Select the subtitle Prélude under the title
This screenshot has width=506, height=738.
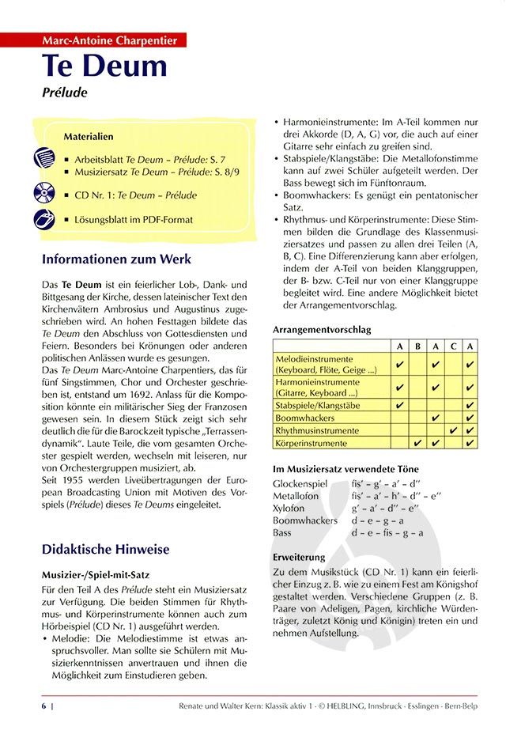coord(65,92)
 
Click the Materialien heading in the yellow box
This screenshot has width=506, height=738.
coord(88,137)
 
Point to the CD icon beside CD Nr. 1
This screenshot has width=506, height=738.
coord(44,194)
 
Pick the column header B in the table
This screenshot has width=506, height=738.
coord(417,346)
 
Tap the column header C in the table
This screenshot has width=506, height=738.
coord(453,346)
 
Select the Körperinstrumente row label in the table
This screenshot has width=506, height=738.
coord(312,443)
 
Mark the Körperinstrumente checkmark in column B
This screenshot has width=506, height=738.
coord(417,443)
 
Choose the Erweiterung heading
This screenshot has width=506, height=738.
coord(298,557)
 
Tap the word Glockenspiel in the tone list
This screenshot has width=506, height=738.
coord(300,482)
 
